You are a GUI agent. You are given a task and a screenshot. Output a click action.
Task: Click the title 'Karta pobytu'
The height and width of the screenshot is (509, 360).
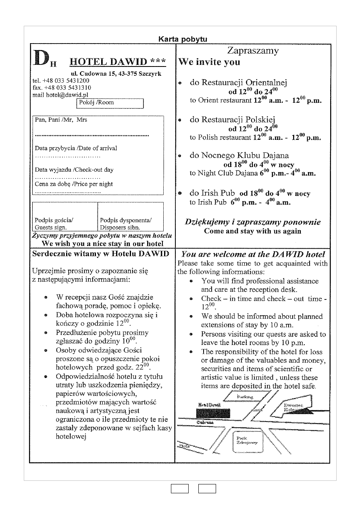click(x=183, y=39)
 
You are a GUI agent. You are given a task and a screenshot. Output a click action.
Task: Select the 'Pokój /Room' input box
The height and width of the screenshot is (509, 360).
click(x=110, y=103)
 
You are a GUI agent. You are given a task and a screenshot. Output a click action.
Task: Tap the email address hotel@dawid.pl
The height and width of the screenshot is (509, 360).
click(x=60, y=95)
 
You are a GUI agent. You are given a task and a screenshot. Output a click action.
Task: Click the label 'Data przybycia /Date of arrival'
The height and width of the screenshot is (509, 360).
click(x=76, y=148)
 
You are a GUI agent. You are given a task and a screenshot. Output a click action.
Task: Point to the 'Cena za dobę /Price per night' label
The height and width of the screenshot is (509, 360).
click(x=74, y=184)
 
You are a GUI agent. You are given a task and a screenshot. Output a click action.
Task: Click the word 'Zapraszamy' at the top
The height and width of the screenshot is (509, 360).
click(x=253, y=51)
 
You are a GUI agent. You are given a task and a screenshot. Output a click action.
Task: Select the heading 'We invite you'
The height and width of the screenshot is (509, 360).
click(x=209, y=62)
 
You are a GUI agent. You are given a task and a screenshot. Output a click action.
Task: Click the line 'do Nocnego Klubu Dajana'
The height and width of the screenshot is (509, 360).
click(x=239, y=156)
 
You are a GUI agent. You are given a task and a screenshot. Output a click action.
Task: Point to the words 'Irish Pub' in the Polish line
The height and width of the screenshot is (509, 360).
click(x=218, y=193)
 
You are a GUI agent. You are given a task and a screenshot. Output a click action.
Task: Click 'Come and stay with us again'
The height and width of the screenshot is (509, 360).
click(x=252, y=231)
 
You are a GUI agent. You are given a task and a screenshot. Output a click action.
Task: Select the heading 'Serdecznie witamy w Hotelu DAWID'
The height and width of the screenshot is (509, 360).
click(x=100, y=254)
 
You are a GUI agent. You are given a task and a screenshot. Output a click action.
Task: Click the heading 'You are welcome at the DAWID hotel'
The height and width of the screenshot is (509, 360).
click(x=253, y=254)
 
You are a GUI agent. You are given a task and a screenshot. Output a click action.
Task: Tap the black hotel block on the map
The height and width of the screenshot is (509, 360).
click(x=213, y=413)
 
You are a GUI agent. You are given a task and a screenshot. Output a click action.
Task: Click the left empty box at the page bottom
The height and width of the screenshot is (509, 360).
click(x=179, y=489)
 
